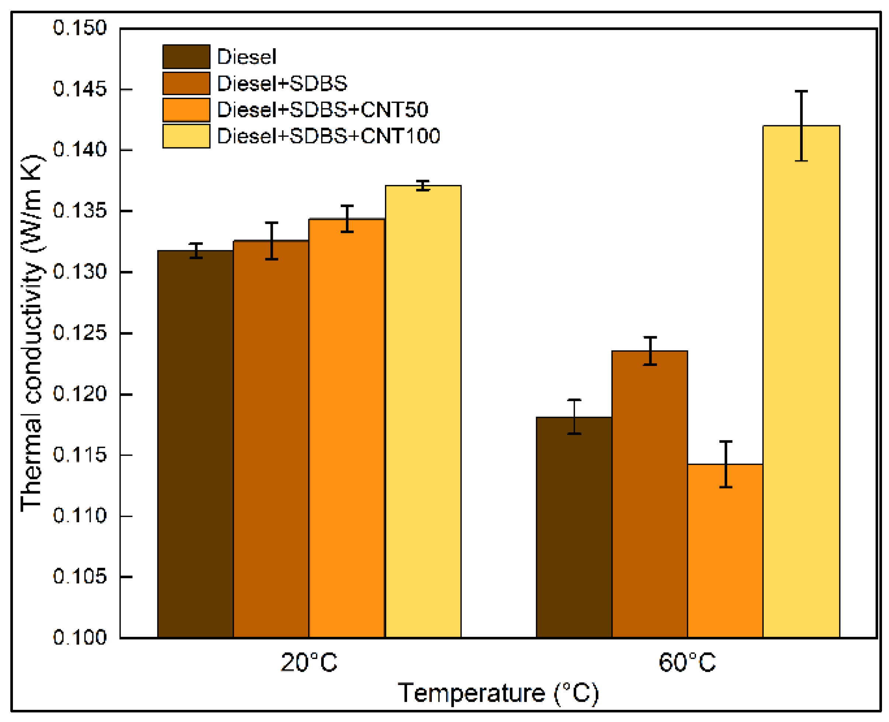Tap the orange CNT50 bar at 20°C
(x=347, y=428)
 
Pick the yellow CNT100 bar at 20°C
(x=423, y=412)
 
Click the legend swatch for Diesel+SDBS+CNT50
(x=186, y=110)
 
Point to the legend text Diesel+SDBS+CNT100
(x=329, y=136)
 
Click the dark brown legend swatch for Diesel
(x=186, y=56)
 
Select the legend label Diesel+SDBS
(x=282, y=84)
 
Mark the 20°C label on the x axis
(x=309, y=663)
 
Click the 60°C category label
(x=687, y=663)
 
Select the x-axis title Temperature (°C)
(x=498, y=693)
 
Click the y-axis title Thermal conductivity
(x=32, y=333)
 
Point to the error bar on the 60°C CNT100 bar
(x=801, y=126)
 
